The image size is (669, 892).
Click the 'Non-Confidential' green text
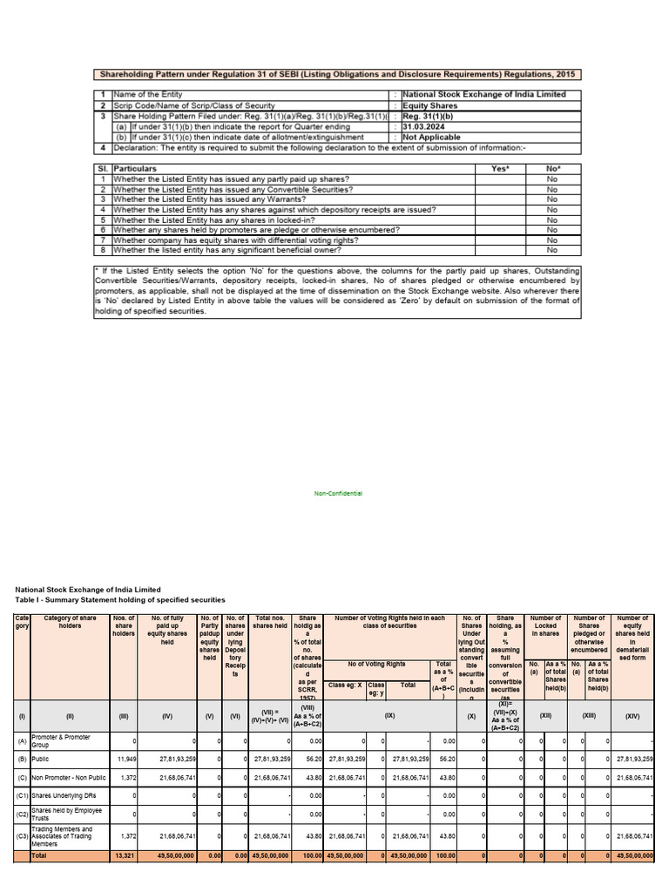tap(338, 493)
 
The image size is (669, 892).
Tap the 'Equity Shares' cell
tap(429, 105)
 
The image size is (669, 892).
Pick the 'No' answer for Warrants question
tap(551, 199)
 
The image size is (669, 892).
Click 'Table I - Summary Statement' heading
tap(120, 600)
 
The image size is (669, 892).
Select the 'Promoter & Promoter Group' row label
tap(70, 741)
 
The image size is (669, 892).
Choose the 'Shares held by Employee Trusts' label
tap(70, 814)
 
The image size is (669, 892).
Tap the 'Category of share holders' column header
tap(70, 622)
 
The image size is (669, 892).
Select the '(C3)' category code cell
tap(22, 836)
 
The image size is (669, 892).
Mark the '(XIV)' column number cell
tap(632, 716)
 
